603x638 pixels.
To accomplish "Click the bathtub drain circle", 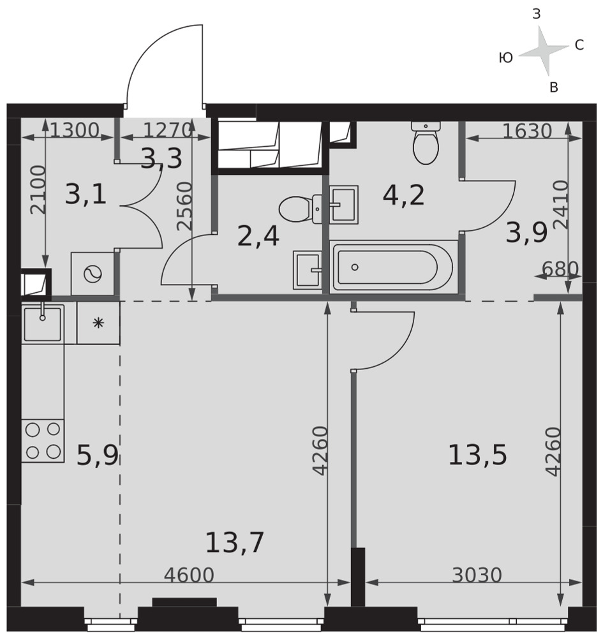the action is tap(355, 267).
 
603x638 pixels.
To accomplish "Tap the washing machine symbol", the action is tap(93, 274).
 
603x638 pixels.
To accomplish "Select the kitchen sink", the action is tap(43, 324).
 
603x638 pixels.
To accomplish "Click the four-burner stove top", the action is tap(43, 441).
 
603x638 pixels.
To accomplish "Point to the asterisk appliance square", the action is tap(98, 323).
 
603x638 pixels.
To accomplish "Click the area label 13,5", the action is tap(477, 455).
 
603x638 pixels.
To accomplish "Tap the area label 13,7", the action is tap(235, 542).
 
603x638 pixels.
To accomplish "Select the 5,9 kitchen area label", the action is tap(98, 456).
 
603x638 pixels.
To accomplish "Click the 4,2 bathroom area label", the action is tap(404, 195).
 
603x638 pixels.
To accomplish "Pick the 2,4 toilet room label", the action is tap(258, 237).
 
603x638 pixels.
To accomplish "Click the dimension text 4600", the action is tap(189, 575).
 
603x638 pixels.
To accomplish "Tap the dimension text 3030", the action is tap(477, 575).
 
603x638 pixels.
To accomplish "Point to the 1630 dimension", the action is tap(527, 131).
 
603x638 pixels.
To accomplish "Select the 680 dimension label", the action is tap(560, 269).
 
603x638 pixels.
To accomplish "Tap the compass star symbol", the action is tap(544, 51).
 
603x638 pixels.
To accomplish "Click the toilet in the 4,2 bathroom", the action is tap(426, 142).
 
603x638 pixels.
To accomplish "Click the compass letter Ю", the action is tap(506, 58).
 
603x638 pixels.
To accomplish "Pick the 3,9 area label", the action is tap(526, 234).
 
